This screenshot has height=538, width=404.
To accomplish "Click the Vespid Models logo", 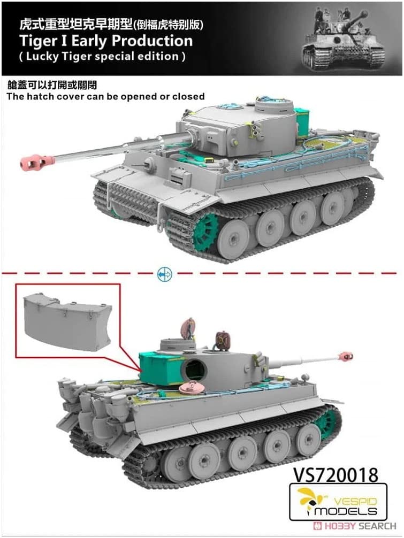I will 338,501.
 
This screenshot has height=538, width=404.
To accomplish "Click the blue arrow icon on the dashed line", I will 164,274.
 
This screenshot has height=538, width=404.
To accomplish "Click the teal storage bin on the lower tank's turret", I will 161,368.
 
